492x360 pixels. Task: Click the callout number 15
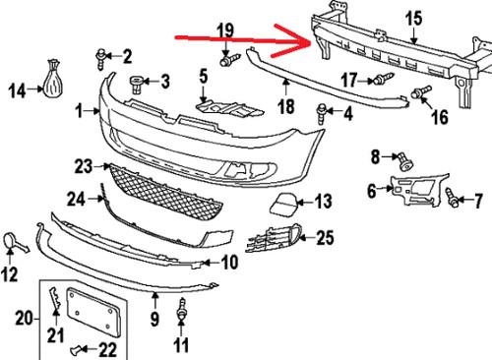coord(412,16)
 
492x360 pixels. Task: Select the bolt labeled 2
coord(102,55)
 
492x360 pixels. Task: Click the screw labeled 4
coord(322,113)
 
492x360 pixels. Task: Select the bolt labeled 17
coord(379,80)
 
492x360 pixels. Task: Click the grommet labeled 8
coord(400,155)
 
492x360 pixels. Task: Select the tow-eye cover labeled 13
coord(276,206)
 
